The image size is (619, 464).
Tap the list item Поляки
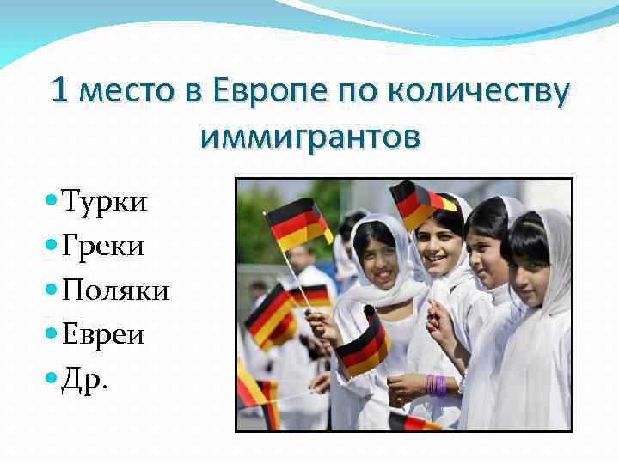tap(115, 291)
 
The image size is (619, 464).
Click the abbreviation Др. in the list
tap(85, 379)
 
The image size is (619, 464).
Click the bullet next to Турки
tap(51, 203)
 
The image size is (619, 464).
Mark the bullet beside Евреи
tap(51, 334)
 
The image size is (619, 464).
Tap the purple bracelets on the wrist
tap(435, 384)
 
